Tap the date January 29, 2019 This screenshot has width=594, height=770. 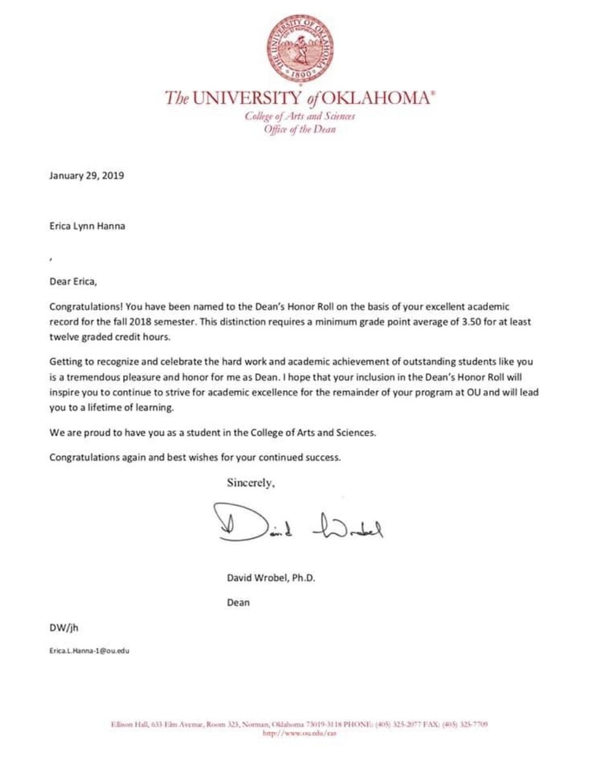pyautogui.click(x=87, y=176)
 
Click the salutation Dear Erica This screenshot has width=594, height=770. pyautogui.click(x=73, y=281)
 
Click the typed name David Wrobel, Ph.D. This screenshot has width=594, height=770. pyautogui.click(x=271, y=577)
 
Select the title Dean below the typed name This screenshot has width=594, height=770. pyautogui.click(x=238, y=603)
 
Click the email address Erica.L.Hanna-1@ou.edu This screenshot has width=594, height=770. pyautogui.click(x=89, y=651)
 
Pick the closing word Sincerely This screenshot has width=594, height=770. pyautogui.click(x=251, y=483)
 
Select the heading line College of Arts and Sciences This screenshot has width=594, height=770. pyautogui.click(x=300, y=116)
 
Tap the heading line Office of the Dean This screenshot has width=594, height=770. pyautogui.click(x=299, y=129)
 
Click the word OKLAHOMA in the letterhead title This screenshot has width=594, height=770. pyautogui.click(x=376, y=98)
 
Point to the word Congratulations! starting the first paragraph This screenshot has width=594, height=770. pyautogui.click(x=86, y=307)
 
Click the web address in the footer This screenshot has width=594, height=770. pyautogui.click(x=299, y=733)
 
